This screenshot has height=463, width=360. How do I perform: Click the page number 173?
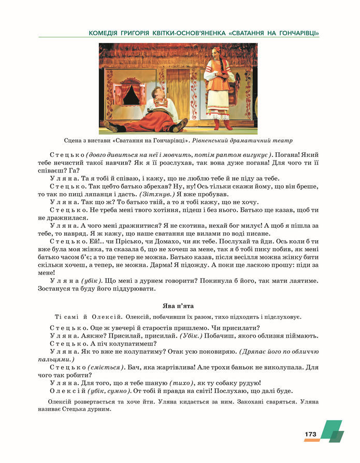click(310, 433)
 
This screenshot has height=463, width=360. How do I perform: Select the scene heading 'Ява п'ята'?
click(180, 306)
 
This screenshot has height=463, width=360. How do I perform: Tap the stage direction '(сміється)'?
click(106, 367)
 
